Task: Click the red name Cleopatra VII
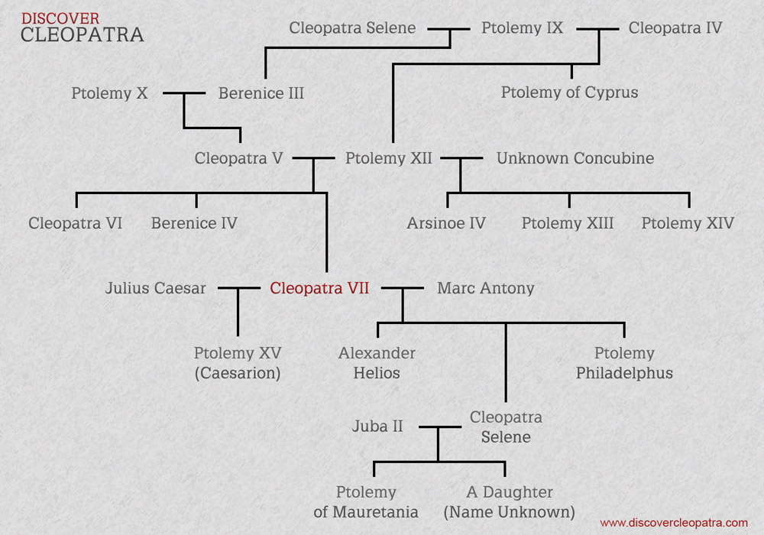point(319,289)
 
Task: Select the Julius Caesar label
point(156,289)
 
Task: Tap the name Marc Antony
point(485,289)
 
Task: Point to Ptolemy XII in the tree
point(388,159)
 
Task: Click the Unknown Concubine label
point(575,159)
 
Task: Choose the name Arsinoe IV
point(446,224)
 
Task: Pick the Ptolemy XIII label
point(568,224)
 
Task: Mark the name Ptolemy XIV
point(688,224)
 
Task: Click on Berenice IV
point(194,224)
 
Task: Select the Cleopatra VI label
point(75,224)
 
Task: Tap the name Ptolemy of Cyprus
point(569,93)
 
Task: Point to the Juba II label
point(377,426)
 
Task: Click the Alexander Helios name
point(377,364)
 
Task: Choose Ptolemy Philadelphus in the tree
point(624,364)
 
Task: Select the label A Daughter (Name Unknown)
point(510,502)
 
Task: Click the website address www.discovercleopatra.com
point(674,523)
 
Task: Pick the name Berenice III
point(261,94)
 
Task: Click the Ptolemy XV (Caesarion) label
point(238,364)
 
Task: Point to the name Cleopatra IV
point(675,28)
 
